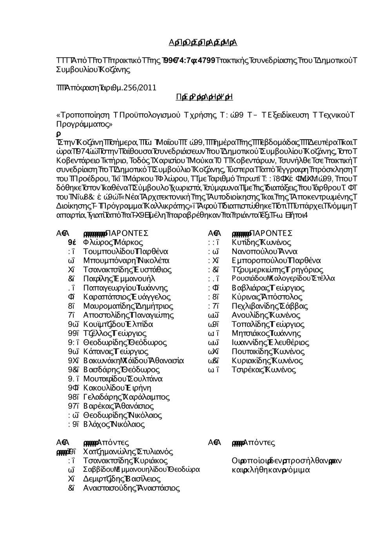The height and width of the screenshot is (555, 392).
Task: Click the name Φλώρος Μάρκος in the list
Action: [113, 242]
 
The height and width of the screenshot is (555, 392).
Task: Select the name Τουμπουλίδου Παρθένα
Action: [126, 251]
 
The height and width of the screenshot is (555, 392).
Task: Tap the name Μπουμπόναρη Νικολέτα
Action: [126, 260]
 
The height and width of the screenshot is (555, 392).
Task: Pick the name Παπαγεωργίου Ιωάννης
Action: [125, 288]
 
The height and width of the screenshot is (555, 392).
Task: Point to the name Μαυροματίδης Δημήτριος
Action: [128, 306]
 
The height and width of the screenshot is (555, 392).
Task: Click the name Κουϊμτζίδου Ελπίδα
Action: [118, 324]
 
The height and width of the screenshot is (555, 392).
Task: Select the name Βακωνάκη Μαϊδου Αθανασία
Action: [134, 360]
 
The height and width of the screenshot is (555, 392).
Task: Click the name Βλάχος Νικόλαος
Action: [114, 424]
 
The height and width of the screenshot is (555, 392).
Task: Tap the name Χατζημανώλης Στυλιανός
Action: [128, 452]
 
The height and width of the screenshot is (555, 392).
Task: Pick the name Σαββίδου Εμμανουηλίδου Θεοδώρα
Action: [142, 470]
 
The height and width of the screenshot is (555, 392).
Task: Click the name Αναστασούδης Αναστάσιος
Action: [131, 488]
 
